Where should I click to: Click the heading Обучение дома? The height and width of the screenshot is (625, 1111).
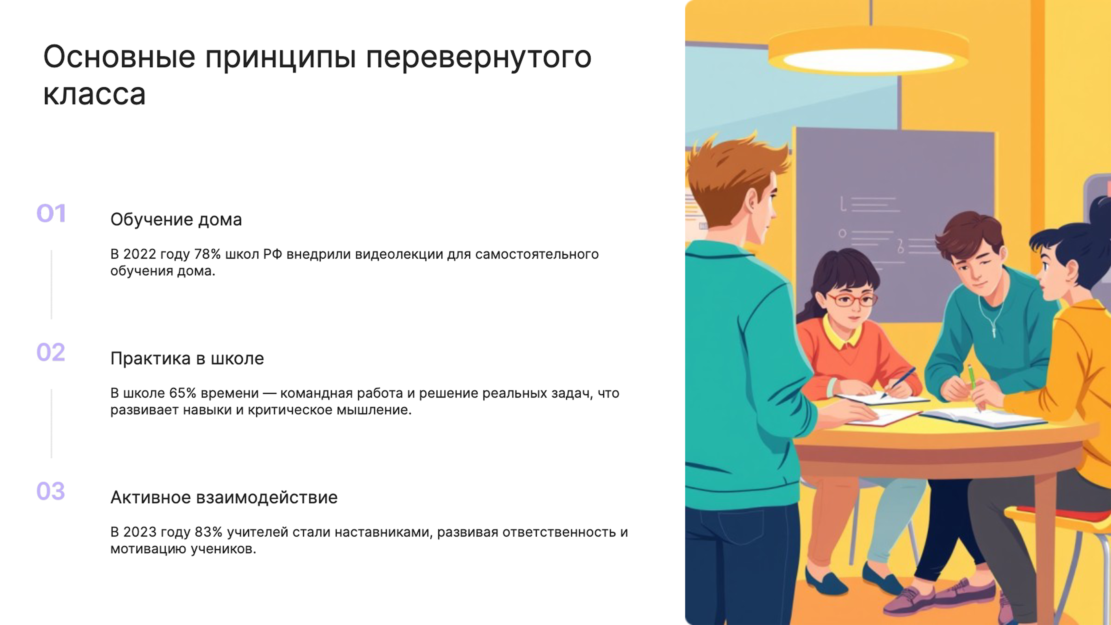[176, 220]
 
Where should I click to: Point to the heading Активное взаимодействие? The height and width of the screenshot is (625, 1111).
[224, 497]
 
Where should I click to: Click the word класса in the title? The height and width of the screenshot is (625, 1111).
[94, 94]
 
